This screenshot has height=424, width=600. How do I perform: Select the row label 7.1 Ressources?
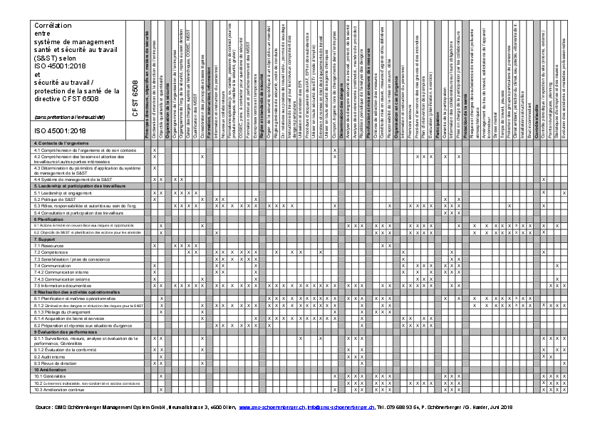pyautogui.click(x=48, y=245)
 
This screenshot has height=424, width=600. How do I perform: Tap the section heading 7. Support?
pyautogui.click(x=46, y=239)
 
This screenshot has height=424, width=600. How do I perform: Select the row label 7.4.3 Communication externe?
pyautogui.click(x=65, y=279)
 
